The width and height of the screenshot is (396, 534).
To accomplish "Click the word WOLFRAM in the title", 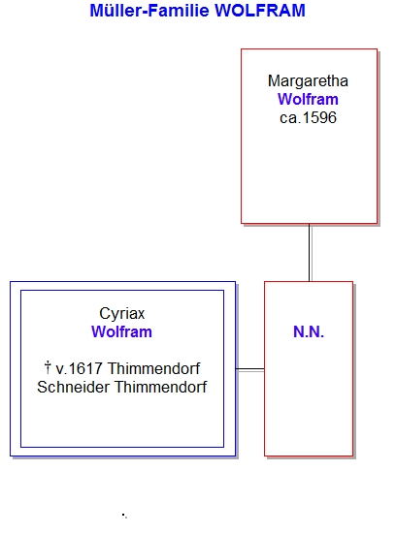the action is tap(260, 11).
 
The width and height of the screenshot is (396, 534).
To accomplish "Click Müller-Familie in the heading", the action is tap(149, 11).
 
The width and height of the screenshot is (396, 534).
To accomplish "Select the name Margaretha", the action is tap(308, 81).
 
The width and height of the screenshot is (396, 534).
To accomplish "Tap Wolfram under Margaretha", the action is tap(308, 100).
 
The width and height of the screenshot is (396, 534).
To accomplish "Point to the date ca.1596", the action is tap(308, 118).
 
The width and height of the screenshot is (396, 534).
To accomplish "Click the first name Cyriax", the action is tap(122, 314).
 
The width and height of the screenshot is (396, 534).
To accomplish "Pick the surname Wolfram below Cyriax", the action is tap(121, 331).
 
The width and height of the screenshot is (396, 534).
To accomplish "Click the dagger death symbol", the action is tap(48, 367).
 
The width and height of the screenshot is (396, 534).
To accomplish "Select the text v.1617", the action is tap(80, 368).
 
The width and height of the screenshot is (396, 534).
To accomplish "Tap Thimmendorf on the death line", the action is tap(153, 368).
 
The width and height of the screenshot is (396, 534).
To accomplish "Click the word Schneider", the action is tap(73, 387).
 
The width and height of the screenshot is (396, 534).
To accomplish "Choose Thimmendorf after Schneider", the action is tap(161, 387).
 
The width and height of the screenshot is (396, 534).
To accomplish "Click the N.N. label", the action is tap(309, 331).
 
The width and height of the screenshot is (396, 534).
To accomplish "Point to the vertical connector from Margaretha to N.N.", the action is tap(310, 252).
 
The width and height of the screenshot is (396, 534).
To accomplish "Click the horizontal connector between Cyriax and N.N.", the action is tap(250, 369).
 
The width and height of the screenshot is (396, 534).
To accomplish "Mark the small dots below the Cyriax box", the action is tap(124, 516).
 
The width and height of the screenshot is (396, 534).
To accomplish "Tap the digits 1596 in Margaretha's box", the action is tap(319, 118).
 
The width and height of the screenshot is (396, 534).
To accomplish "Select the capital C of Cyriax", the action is tap(104, 314).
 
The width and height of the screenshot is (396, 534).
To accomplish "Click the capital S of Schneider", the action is tap(42, 387).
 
